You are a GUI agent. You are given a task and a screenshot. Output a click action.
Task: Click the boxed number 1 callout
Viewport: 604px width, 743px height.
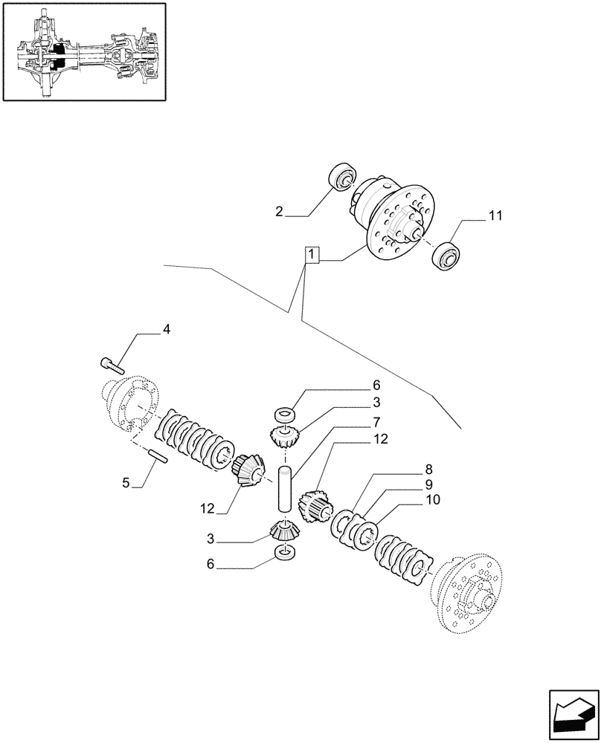[x=312, y=256]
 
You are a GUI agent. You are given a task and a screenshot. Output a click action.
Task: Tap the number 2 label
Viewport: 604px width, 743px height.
[x=279, y=212]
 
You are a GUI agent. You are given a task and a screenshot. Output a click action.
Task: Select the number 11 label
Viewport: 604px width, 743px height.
[x=495, y=216]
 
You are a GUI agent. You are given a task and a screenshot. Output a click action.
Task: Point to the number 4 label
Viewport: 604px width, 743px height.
[x=167, y=329]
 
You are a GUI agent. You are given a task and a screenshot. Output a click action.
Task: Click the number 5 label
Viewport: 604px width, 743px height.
[x=126, y=483]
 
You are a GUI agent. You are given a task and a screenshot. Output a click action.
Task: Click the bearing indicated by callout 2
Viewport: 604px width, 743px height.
[x=344, y=178]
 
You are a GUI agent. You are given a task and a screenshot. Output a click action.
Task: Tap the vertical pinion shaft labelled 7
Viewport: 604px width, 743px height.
[x=284, y=487]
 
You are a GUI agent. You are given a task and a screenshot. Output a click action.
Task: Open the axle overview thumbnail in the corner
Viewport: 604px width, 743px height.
[x=84, y=51]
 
